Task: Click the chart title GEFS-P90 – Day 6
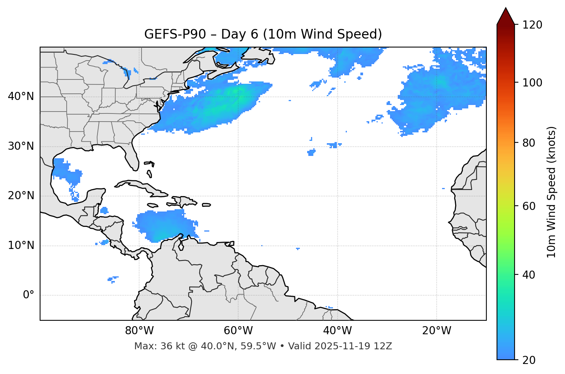click(x=263, y=34)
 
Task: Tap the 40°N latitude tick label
click(x=21, y=96)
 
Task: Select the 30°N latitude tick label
click(x=21, y=146)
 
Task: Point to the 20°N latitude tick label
click(x=21, y=196)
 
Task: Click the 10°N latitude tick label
click(x=21, y=245)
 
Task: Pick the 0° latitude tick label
click(x=29, y=295)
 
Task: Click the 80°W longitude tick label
click(x=139, y=331)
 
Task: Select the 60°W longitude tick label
click(x=238, y=331)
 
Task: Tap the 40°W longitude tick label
click(x=337, y=331)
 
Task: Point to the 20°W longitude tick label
click(x=436, y=331)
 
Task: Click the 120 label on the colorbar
click(x=532, y=25)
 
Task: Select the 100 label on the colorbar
click(x=532, y=83)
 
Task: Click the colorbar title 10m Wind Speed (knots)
click(x=552, y=192)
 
